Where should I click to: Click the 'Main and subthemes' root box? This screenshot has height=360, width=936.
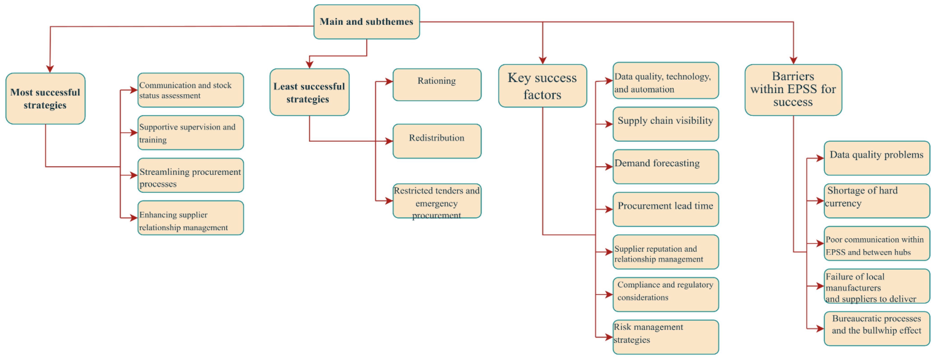tap(366, 22)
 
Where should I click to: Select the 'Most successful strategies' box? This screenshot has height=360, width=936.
tap(45, 99)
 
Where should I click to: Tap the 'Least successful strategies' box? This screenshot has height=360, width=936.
tap(309, 92)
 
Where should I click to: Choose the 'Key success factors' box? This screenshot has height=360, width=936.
tap(542, 86)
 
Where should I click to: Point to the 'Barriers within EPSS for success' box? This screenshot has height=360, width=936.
tap(793, 90)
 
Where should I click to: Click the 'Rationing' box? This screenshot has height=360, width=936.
tap(437, 85)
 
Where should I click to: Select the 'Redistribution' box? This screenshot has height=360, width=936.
tap(437, 141)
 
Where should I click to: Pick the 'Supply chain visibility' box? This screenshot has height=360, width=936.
tap(665, 124)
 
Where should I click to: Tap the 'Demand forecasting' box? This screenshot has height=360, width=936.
tap(665, 167)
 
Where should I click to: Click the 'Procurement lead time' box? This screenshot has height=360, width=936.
tap(665, 209)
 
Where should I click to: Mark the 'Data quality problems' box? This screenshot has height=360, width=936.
tap(876, 158)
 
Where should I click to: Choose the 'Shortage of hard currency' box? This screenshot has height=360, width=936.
tap(876, 201)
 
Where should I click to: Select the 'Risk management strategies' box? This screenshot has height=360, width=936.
tap(665, 337)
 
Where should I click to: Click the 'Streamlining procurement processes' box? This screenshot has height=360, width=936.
tap(190, 175)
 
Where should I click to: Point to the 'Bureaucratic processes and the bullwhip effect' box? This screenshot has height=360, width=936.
tap(876, 328)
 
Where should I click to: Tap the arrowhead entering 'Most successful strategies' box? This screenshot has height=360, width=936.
tap(50, 69)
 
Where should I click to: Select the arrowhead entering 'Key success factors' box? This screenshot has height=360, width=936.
tap(542, 60)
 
